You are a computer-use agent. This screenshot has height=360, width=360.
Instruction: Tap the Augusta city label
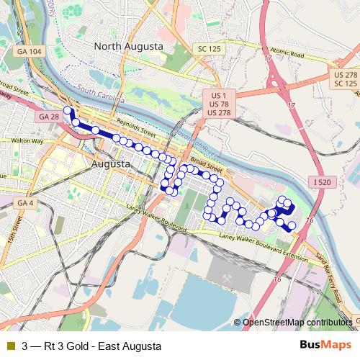(112, 164)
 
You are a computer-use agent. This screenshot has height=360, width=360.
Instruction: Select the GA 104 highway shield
(30, 52)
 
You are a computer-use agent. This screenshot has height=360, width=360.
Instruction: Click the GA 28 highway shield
(49, 117)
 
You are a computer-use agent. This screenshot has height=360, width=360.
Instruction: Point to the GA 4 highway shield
(25, 203)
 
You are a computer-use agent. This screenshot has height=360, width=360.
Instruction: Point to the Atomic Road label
(288, 55)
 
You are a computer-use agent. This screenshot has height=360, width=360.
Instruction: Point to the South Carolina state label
(102, 92)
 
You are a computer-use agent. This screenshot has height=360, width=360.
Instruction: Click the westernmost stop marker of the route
(68, 111)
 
